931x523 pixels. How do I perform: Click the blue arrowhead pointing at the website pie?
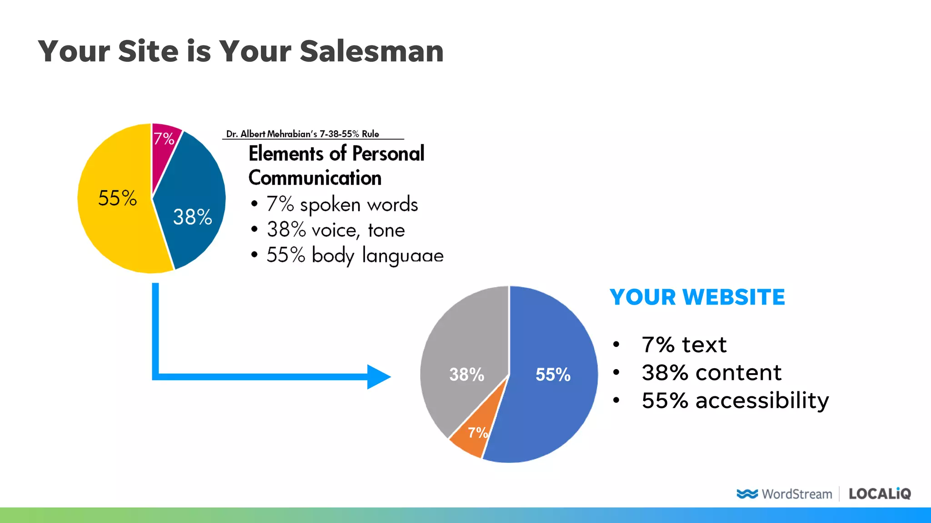(378, 377)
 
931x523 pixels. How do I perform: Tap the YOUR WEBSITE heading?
(697, 297)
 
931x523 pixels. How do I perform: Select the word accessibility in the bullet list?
(762, 400)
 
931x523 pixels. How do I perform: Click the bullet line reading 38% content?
(711, 373)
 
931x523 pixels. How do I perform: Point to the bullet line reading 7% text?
(684, 345)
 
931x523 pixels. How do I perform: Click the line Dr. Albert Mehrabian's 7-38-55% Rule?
(303, 134)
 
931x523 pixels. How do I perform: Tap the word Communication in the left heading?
(315, 178)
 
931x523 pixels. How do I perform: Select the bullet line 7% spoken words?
(342, 204)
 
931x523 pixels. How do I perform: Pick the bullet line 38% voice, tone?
(335, 230)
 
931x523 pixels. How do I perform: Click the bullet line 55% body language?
(355, 256)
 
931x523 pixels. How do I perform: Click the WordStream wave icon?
(747, 493)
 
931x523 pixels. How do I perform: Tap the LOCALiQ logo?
(880, 493)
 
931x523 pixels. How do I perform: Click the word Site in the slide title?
(148, 51)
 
